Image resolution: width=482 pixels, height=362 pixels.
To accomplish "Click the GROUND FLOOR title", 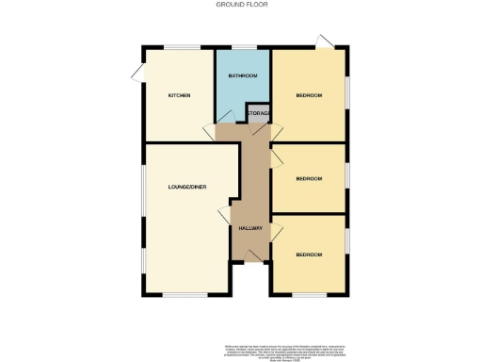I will pyautogui.click(x=240, y=5).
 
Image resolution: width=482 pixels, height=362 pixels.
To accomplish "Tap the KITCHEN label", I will pyautogui.click(x=179, y=95).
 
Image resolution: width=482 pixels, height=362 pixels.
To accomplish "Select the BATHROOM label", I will pyautogui.click(x=242, y=75).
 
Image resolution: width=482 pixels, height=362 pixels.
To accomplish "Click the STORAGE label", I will pyautogui.click(x=259, y=114).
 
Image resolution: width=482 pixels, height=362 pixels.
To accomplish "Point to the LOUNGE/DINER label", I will pyautogui.click(x=186, y=187).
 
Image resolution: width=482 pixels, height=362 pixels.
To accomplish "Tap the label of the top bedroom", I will pyautogui.click(x=309, y=95).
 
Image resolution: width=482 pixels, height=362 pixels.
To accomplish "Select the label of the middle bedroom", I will pyautogui.click(x=309, y=178).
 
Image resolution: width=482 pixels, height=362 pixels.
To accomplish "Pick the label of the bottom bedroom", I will pyautogui.click(x=309, y=255).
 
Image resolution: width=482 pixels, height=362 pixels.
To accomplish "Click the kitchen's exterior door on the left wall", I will pyautogui.click(x=137, y=73).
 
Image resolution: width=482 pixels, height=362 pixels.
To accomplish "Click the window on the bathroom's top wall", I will pyautogui.click(x=243, y=46).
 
